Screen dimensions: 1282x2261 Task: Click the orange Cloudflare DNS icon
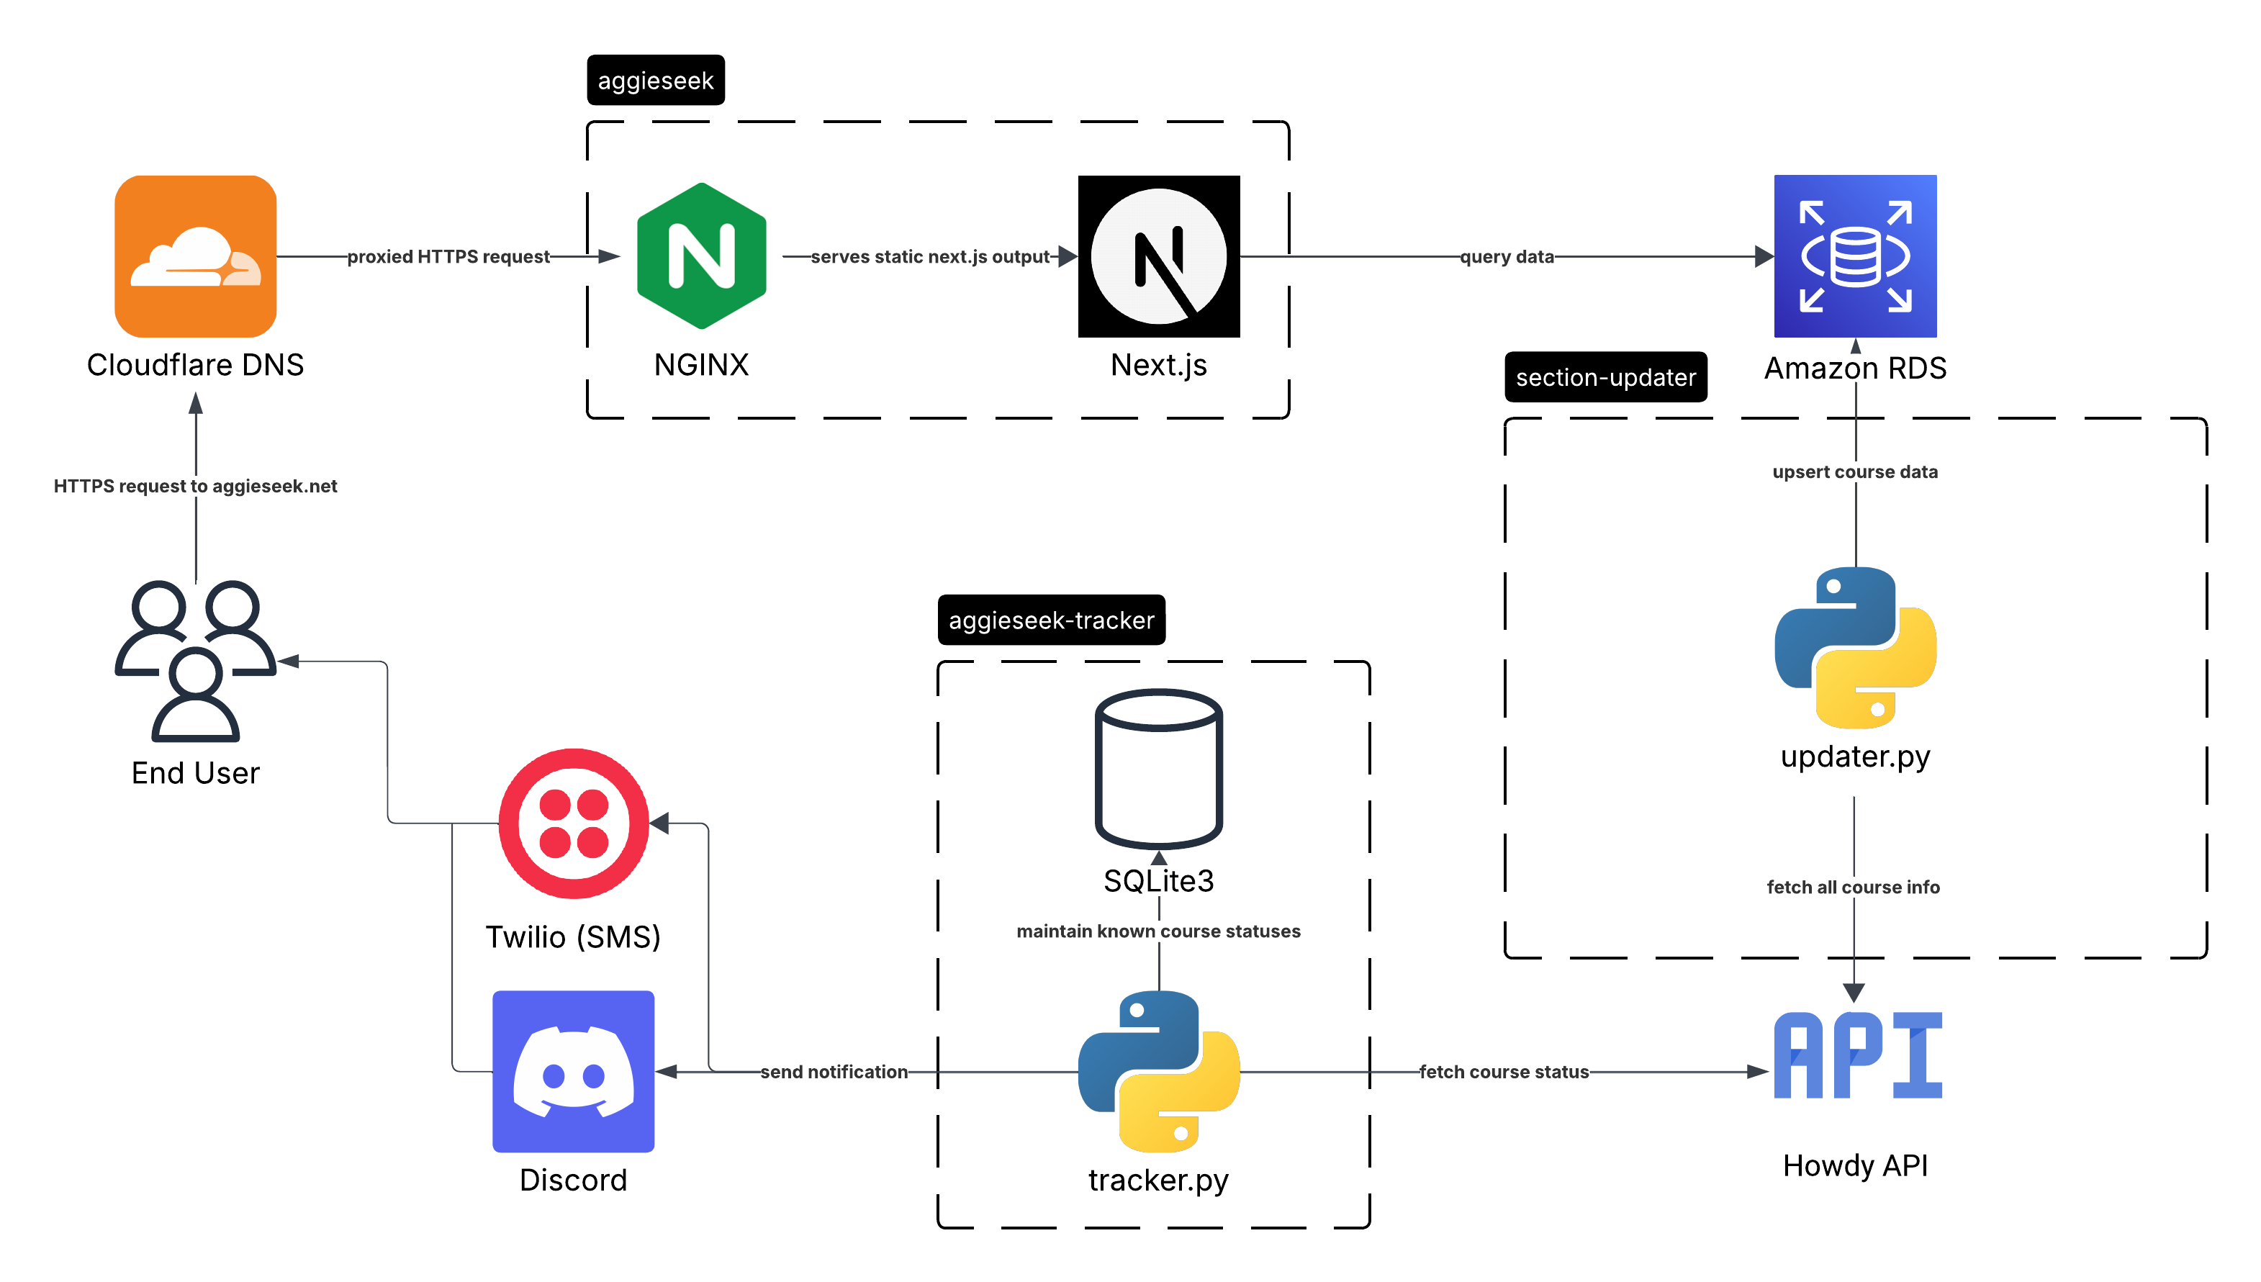coord(196,256)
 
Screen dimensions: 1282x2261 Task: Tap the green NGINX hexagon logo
coord(701,256)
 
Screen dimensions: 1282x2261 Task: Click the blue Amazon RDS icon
coord(1854,256)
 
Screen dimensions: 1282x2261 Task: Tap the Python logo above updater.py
coord(1854,647)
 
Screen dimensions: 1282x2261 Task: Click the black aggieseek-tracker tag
coord(1050,620)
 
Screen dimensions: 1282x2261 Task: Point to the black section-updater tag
coord(1605,377)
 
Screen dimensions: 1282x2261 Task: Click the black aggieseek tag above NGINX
coord(655,80)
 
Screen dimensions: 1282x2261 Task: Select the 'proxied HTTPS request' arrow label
coord(448,256)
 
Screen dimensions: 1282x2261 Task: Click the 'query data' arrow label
coord(1507,256)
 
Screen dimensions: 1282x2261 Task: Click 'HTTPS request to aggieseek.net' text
coord(196,485)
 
